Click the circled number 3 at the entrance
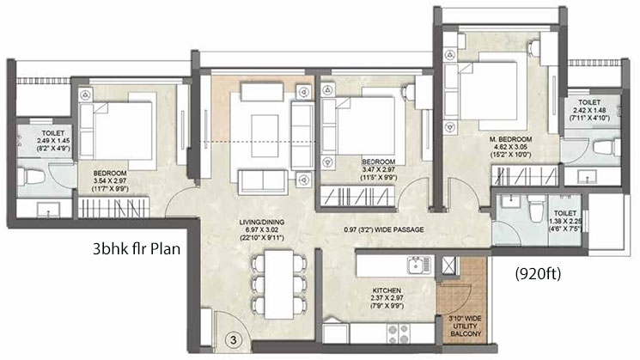pyautogui.click(x=233, y=340)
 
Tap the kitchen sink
pyautogui.click(x=418, y=265)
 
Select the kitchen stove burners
pyautogui.click(x=399, y=334)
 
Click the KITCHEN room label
pyautogui.click(x=387, y=290)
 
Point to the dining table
pyautogui.click(x=279, y=284)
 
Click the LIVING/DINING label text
pyautogui.click(x=262, y=223)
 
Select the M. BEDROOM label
pyautogui.click(x=510, y=139)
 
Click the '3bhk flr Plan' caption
pyautogui.click(x=137, y=248)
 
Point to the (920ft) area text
pyautogui.click(x=538, y=273)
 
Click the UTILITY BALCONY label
pyautogui.click(x=466, y=326)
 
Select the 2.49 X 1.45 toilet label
pyautogui.click(x=53, y=141)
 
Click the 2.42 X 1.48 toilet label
pyautogui.click(x=589, y=110)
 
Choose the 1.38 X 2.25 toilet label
pyautogui.click(x=565, y=221)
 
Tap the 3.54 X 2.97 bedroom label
pyautogui.click(x=110, y=180)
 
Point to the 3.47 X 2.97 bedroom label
pyautogui.click(x=378, y=169)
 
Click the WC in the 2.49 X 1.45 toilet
pyautogui.click(x=31, y=177)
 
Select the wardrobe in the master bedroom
pyautogui.click(x=525, y=176)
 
